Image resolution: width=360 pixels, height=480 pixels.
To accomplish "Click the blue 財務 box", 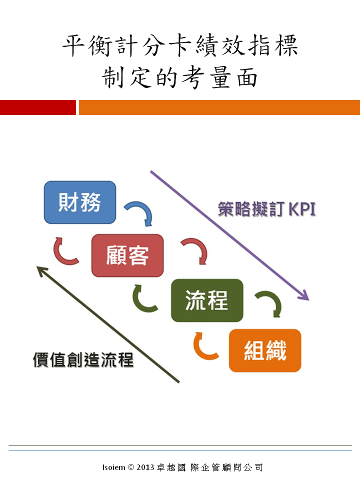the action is pyautogui.click(x=80, y=202).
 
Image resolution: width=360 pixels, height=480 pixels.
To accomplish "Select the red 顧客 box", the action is pyautogui.click(x=127, y=255).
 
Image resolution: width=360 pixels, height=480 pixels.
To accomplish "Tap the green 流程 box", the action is pyautogui.click(x=207, y=300).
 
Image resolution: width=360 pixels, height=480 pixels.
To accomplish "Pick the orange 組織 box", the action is pyautogui.click(x=265, y=350).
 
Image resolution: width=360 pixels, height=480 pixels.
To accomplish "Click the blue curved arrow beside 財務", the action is pyautogui.click(x=139, y=212).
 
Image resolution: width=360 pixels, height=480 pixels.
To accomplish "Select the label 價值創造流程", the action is pyautogui.click(x=83, y=359).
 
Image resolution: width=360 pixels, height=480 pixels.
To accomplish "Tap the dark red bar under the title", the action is pyautogui.click(x=37, y=107).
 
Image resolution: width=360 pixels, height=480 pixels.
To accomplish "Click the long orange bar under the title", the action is pyautogui.click(x=219, y=107).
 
